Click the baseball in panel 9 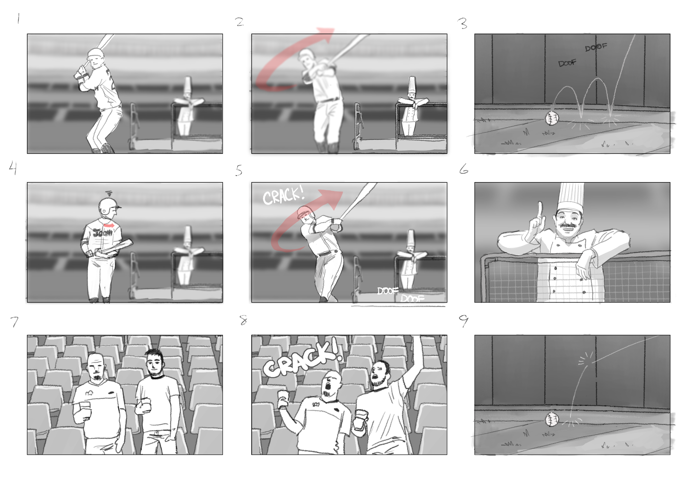point(552,420)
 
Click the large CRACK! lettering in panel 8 point(302,360)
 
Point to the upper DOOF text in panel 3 point(596,47)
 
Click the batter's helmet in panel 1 point(95,54)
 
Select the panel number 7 point(14,322)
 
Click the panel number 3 point(463,24)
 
